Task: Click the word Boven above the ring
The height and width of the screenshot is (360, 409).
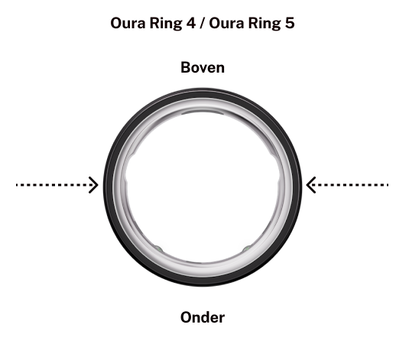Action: pyautogui.click(x=203, y=67)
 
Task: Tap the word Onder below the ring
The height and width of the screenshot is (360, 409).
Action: pyautogui.click(x=203, y=317)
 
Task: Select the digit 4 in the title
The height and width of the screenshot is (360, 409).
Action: pyautogui.click(x=190, y=23)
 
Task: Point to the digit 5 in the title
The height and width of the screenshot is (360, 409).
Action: pyautogui.click(x=290, y=23)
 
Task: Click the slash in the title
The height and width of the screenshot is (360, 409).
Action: pyautogui.click(x=203, y=23)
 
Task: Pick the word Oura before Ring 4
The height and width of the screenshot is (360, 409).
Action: pyautogui.click(x=128, y=23)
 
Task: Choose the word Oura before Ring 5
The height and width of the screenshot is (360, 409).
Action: pyautogui.click(x=226, y=23)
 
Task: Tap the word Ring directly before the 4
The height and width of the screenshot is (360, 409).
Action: pyautogui.click(x=166, y=24)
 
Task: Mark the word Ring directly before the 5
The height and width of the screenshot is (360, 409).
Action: pyautogui.click(x=265, y=24)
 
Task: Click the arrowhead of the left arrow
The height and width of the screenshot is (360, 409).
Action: pyautogui.click(x=94, y=185)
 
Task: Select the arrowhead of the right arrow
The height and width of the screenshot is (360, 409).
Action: pyautogui.click(x=310, y=185)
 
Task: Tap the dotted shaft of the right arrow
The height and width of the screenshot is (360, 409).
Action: pyautogui.click(x=349, y=185)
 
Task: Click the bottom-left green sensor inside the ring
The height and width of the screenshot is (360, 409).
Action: pyautogui.click(x=158, y=249)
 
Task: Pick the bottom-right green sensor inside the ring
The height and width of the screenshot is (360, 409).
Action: pyautogui.click(x=247, y=249)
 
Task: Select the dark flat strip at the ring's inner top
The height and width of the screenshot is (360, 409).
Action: pyautogui.click(x=203, y=112)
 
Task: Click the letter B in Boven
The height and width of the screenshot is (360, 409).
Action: pyautogui.click(x=186, y=67)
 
